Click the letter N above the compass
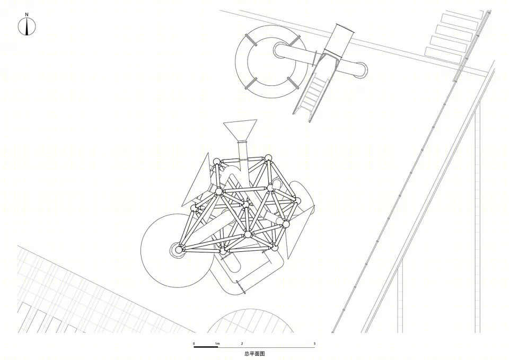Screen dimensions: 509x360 (27, 14)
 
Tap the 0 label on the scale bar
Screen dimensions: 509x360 (194, 344)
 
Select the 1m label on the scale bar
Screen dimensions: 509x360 (217, 344)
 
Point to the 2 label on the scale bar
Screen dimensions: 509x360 (242, 344)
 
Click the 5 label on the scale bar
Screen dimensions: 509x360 (314, 344)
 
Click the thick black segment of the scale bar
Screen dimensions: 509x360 (206, 347)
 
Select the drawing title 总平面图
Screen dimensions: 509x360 (254, 354)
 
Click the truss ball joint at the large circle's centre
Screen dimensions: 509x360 (178, 250)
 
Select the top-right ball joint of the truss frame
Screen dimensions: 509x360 (267, 159)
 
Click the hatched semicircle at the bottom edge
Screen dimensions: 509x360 (250, 321)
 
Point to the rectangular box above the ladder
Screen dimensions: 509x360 (339, 41)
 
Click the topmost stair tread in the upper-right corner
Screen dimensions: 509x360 (462, 16)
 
